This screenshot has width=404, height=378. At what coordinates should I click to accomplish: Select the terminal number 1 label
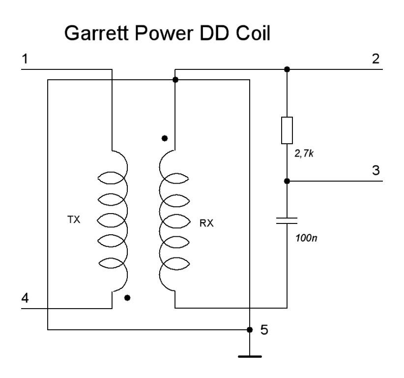coord(25,59)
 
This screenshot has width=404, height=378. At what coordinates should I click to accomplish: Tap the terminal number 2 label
coord(376,59)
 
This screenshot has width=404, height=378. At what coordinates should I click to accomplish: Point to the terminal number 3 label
coord(376,171)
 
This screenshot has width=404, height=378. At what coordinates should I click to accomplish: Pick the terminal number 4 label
coord(25,298)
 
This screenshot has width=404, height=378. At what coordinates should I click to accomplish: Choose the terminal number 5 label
coord(264,329)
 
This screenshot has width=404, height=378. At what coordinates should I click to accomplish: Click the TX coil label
coord(73,221)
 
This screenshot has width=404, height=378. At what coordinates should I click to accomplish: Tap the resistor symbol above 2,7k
coord(287,130)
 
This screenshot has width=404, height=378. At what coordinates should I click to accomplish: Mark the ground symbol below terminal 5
coord(250,355)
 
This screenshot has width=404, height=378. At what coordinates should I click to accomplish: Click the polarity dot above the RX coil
coord(164,138)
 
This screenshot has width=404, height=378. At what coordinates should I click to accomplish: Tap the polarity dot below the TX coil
coord(128,298)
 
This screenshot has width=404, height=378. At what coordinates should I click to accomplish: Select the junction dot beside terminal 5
coord(250,329)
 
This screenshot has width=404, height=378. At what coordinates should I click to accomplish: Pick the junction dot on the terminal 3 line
coord(287,181)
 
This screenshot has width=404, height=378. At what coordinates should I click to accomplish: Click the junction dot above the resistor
coord(287,69)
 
